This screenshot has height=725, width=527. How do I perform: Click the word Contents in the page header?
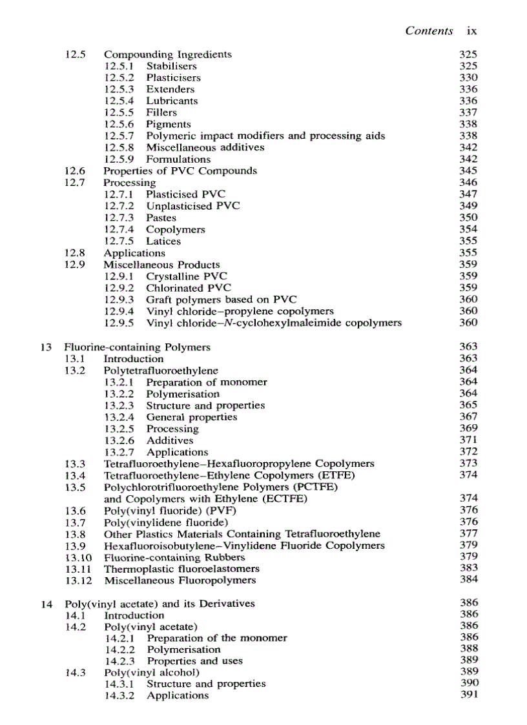point(428,30)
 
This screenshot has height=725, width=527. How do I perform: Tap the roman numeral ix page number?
point(471,30)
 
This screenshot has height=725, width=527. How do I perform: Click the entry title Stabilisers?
point(171,66)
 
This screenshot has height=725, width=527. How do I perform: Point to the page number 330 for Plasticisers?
point(468,77)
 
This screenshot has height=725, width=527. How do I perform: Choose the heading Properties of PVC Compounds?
point(180,170)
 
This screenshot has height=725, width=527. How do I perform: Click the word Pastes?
point(161,218)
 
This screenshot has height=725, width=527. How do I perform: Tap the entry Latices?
point(163,241)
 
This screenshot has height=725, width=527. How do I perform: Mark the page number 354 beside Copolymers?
point(468,229)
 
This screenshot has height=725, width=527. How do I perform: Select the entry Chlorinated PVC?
point(188,288)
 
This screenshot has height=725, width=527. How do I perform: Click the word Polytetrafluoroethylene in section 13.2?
point(161,371)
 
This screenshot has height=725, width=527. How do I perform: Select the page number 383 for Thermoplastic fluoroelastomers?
point(468,568)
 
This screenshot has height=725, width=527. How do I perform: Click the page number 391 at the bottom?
point(468,695)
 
